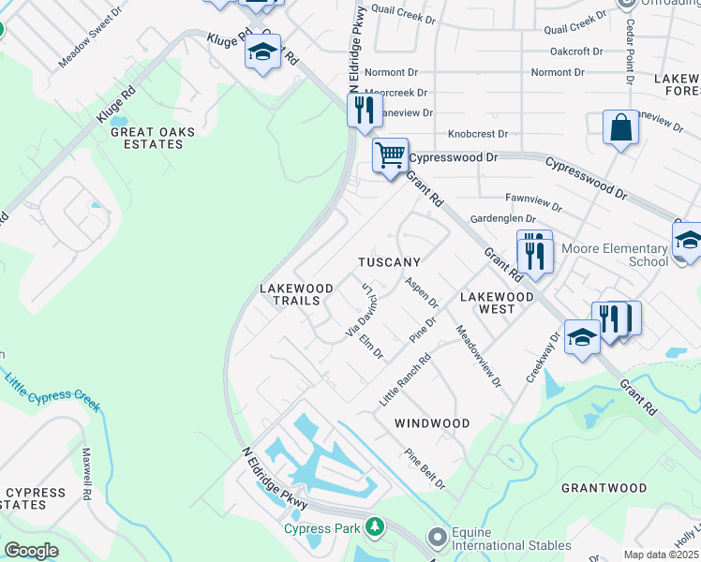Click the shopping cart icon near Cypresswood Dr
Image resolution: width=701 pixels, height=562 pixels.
click(389, 154)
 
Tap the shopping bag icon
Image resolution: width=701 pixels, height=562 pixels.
click(620, 126)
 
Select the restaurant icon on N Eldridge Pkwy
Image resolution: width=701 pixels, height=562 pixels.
click(363, 109)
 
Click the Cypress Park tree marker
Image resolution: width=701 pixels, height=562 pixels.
click(375, 527)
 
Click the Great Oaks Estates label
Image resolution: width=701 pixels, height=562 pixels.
click(147, 138)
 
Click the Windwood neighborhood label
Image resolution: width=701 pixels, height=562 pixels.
click(431, 423)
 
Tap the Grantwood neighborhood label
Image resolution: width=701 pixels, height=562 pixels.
click(604, 488)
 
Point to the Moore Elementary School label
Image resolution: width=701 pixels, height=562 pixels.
click(615, 255)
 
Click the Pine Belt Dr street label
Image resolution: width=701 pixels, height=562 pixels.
click(424, 469)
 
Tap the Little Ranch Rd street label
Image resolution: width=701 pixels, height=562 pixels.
click(404, 379)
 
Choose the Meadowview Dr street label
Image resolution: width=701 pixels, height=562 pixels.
click(478, 357)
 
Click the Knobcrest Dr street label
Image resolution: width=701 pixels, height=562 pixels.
click(477, 134)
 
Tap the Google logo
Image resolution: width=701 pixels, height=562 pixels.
click(31, 550)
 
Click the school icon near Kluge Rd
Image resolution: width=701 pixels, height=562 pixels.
click(262, 52)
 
